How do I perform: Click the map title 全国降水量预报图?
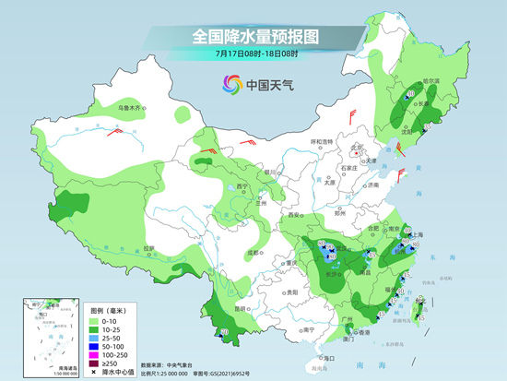[x=253, y=36]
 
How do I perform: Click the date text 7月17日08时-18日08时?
[x=253, y=56]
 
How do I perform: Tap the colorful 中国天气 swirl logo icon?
[x=229, y=86]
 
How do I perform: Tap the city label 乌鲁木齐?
[x=130, y=108]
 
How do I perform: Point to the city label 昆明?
[x=242, y=307]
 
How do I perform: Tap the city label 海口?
[x=324, y=357]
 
